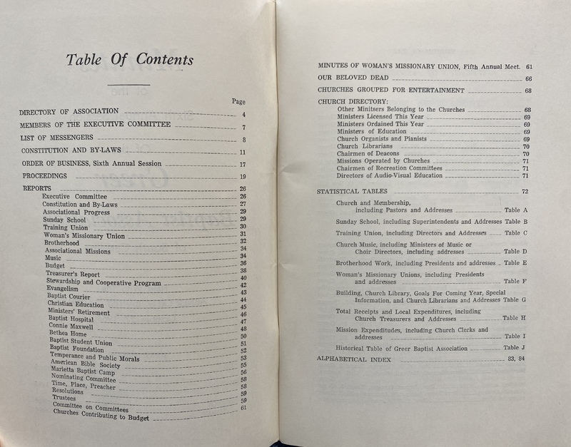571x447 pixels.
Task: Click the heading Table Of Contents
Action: click(x=129, y=60)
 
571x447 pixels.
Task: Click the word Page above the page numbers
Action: click(x=239, y=101)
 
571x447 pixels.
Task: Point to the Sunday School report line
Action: click(x=64, y=220)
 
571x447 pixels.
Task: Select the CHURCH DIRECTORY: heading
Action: click(x=353, y=101)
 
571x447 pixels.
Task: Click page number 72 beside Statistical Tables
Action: click(x=525, y=191)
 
